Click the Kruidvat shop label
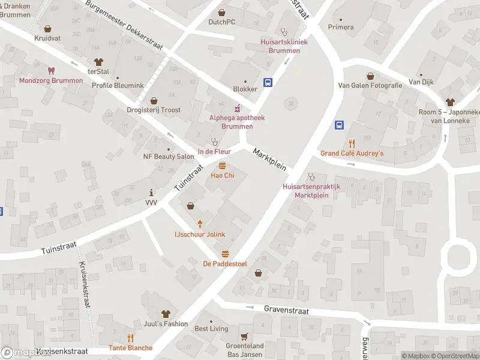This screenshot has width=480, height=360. [48, 38]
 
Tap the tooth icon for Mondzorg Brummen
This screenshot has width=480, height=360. [51, 70]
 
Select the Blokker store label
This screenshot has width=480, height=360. [245, 89]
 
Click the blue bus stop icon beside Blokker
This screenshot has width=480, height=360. [268, 83]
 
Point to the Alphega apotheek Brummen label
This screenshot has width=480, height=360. [237, 122]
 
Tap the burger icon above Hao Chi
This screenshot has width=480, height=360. [222, 166]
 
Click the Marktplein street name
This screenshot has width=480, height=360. [269, 159]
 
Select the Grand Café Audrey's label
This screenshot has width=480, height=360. [352, 154]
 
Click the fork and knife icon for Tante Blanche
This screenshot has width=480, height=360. [130, 338]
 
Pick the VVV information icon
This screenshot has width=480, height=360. [151, 193]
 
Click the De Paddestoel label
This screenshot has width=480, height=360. [225, 263]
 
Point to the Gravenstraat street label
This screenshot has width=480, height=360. [286, 310]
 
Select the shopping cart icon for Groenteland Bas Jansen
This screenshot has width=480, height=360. [244, 337]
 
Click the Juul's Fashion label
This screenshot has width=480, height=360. [166, 323]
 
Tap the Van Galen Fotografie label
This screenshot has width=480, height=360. [370, 85]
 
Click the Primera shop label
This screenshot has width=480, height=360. [341, 27]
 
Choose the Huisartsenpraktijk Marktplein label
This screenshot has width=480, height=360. [311, 191]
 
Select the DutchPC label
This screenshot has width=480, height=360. [221, 22]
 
